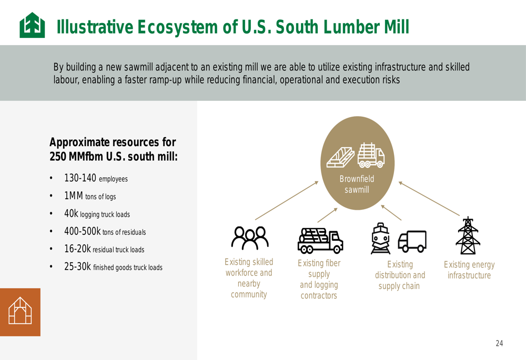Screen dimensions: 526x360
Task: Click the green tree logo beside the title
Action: click(x=32, y=25)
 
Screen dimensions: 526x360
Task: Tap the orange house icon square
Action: click(x=20, y=312)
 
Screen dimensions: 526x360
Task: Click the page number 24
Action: click(x=499, y=343)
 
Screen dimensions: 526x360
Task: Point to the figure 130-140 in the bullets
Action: click(x=80, y=178)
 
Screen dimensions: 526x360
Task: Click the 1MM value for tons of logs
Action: click(x=74, y=196)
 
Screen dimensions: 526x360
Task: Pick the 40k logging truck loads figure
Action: click(x=71, y=213)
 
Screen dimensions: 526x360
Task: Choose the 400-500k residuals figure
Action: click(x=82, y=231)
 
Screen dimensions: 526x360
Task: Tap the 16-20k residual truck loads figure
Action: click(x=77, y=249)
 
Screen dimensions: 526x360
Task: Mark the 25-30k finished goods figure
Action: click(x=77, y=266)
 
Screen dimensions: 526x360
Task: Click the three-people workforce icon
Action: click(x=249, y=238)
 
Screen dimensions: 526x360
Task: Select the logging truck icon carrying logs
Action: click(x=320, y=241)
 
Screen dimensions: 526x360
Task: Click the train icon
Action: click(x=381, y=238)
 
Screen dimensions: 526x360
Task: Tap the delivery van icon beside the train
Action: click(x=412, y=241)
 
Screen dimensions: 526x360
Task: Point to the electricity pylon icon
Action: click(x=468, y=235)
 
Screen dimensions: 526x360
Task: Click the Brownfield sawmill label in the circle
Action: click(x=357, y=184)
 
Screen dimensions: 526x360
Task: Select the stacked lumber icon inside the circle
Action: click(x=340, y=157)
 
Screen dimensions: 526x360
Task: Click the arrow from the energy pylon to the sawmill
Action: click(x=429, y=199)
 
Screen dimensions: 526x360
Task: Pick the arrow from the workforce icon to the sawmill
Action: click(x=287, y=200)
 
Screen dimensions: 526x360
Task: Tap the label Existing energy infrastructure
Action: click(x=469, y=270)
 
